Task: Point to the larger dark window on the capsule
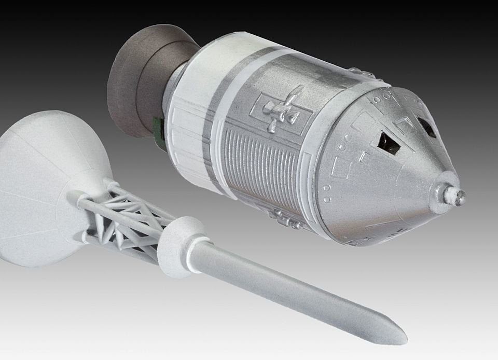coord(388,143)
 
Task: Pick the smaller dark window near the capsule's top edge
coord(426,127)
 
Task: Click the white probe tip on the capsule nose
coord(459,196)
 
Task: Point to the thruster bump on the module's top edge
coord(358,73)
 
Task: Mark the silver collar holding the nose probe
coord(444,193)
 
